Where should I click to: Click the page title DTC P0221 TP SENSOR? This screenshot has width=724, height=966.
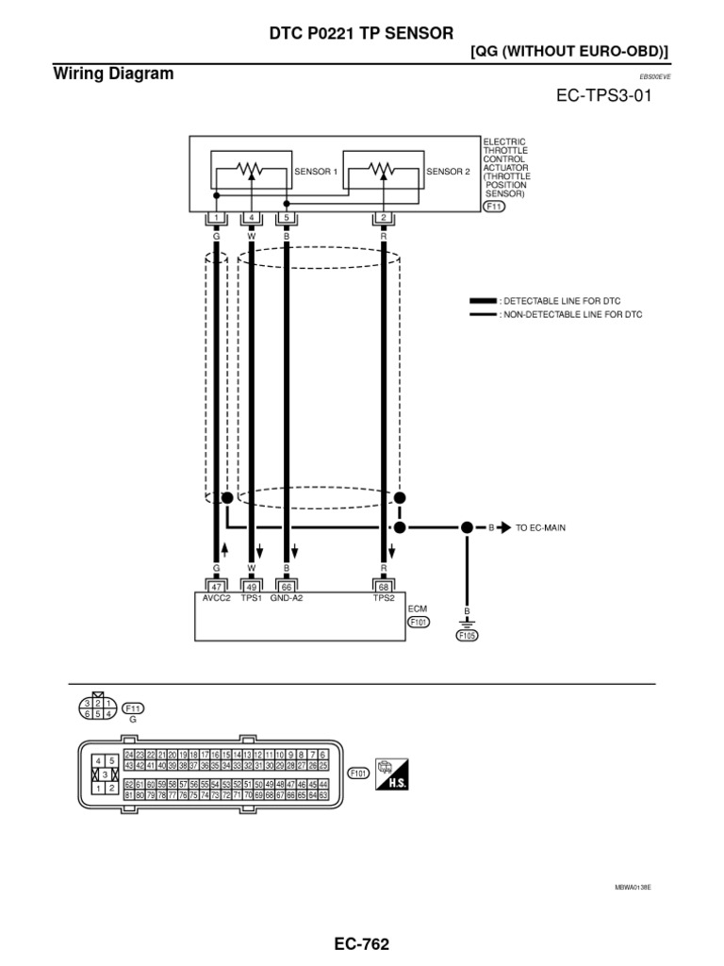point(360,34)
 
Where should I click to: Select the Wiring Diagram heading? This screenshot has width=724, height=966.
point(114,74)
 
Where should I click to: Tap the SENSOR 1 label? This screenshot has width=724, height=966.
point(316,172)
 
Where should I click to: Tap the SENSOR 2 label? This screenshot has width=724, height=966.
point(447,172)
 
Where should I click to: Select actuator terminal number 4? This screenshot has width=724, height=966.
point(252,218)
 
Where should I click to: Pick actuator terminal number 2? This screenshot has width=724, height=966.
point(385,218)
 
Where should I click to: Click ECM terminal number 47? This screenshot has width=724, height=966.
point(216,586)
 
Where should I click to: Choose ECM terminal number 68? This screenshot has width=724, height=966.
point(385,586)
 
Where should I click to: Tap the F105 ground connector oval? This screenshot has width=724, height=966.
point(467,635)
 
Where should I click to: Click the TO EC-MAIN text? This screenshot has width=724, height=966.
point(540,527)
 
